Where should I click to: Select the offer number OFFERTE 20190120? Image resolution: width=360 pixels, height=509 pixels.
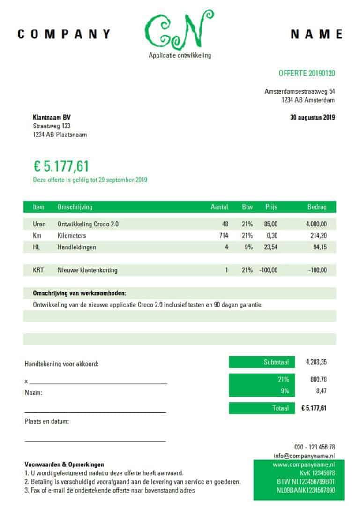307,73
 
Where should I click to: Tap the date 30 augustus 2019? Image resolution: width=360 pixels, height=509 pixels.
313,118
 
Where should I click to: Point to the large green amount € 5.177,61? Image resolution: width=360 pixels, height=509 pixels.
61,166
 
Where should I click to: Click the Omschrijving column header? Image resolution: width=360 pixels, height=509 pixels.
75,207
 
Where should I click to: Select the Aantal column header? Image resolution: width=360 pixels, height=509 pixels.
219,207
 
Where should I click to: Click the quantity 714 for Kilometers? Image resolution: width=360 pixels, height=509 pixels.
224,236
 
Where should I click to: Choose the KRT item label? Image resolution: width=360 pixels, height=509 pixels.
38,270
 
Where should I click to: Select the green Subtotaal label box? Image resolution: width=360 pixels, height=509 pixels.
262,362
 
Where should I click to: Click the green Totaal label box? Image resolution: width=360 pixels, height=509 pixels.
262,408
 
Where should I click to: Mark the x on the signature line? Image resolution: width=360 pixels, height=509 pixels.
26,381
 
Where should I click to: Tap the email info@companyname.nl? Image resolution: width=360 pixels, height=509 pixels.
304,456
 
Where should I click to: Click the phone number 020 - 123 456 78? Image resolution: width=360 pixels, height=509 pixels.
315,447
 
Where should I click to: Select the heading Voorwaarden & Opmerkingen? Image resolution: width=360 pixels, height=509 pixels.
64,464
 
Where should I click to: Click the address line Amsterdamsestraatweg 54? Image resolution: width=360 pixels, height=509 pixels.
300,91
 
